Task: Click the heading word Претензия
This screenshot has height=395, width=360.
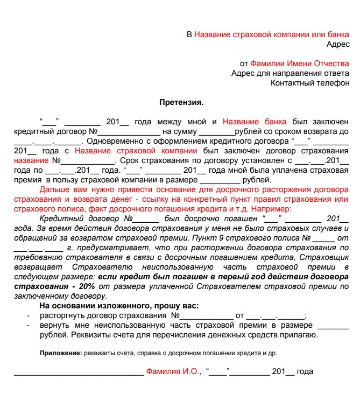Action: (181, 102)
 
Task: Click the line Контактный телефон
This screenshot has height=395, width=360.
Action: (309, 83)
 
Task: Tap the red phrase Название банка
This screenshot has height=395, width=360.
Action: (255, 122)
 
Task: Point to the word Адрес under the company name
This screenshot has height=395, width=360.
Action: (338, 44)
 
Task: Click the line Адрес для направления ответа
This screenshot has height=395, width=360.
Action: (290, 73)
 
